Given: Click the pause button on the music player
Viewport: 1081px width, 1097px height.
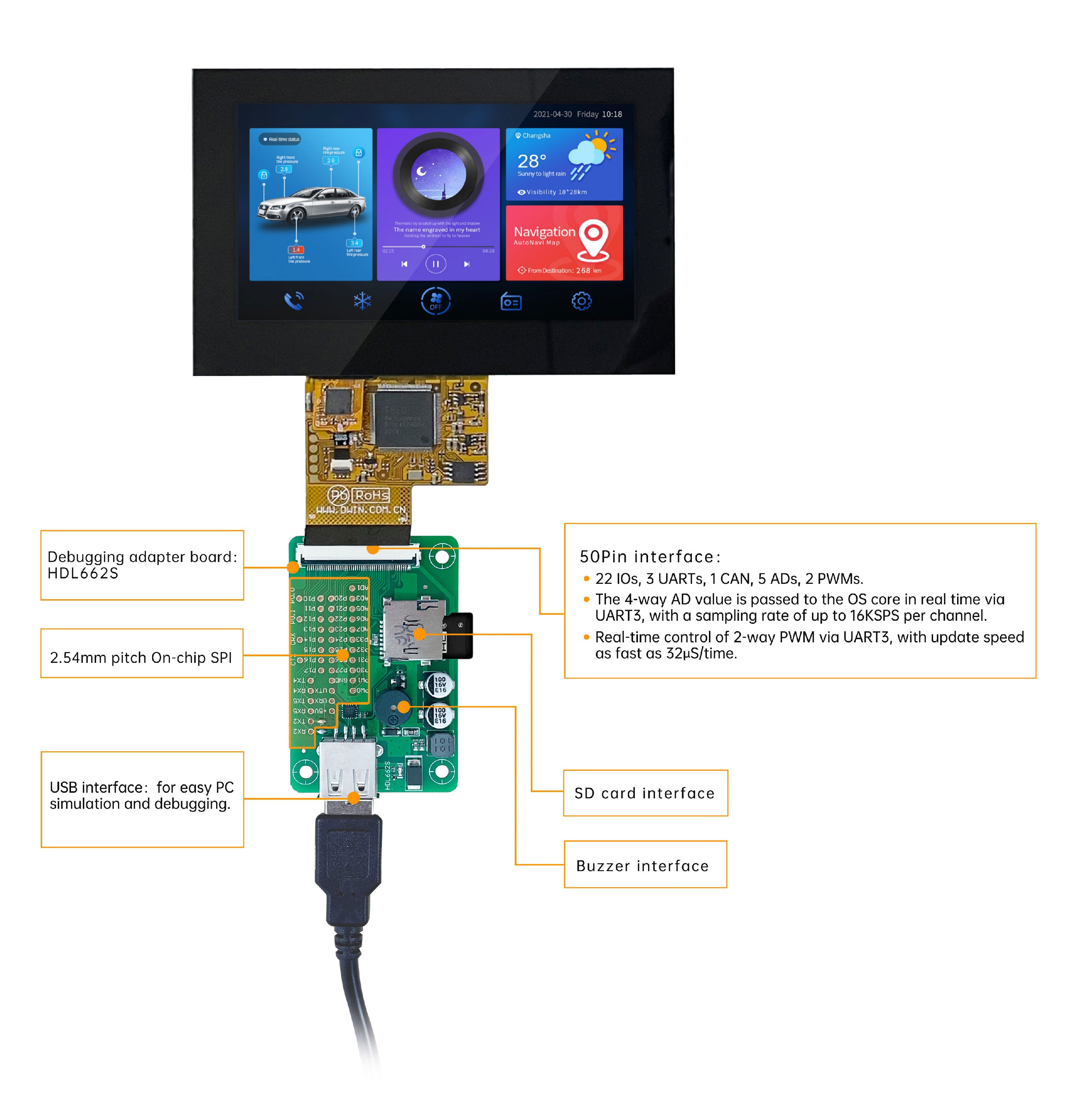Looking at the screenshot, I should tap(435, 264).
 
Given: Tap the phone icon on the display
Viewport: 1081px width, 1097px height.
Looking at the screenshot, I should tap(293, 301).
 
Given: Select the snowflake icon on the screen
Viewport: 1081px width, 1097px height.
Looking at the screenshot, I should tap(362, 301).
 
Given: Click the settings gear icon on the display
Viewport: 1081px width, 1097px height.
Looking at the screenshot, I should tap(581, 301).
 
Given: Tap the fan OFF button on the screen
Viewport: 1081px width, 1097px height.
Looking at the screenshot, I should tap(435, 301).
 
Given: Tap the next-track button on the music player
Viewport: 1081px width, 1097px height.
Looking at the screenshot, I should tap(467, 264).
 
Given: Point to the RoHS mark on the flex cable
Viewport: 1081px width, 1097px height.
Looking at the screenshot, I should tap(372, 495).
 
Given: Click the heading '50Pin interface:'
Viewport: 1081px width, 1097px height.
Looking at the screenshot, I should tap(649, 556).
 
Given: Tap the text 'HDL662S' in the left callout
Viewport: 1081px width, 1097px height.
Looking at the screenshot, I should tap(83, 573).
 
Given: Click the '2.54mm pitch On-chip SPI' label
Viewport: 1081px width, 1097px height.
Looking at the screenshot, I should tap(141, 658).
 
